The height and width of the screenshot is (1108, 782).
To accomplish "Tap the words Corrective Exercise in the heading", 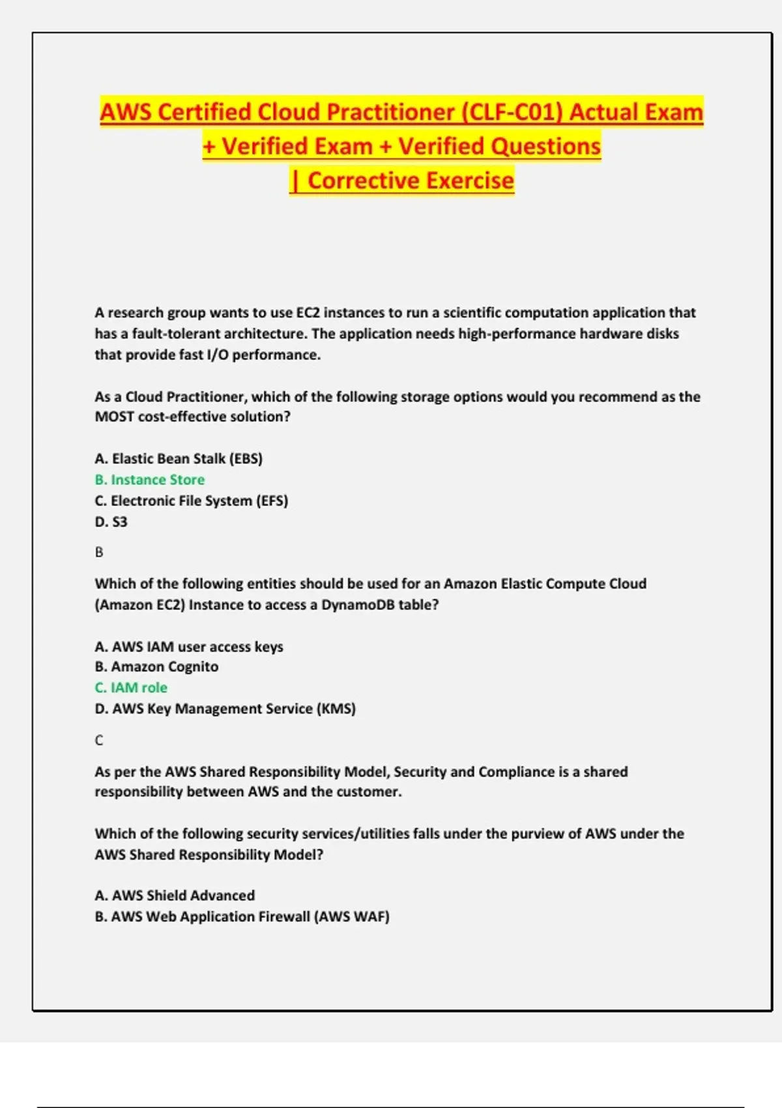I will pyautogui.click(x=411, y=181).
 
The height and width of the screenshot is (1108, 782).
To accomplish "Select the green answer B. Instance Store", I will pyautogui.click(x=150, y=480).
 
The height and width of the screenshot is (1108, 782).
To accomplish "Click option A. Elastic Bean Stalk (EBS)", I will pyautogui.click(x=179, y=459).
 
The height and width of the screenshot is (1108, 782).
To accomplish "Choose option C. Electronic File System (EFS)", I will pyautogui.click(x=192, y=501).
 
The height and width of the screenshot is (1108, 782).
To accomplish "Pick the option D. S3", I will pyautogui.click(x=111, y=521).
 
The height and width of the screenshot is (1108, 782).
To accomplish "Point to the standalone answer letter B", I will pyautogui.click(x=99, y=552).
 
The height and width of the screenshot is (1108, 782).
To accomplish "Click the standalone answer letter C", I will pyautogui.click(x=99, y=740).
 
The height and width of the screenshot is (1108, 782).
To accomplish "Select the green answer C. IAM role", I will pyautogui.click(x=131, y=688).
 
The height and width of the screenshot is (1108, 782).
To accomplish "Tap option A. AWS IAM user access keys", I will pyautogui.click(x=189, y=647).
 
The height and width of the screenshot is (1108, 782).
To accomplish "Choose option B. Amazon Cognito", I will pyautogui.click(x=156, y=667).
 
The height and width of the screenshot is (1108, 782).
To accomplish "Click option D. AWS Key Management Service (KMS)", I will pyautogui.click(x=225, y=708).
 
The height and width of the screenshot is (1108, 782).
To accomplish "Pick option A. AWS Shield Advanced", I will pyautogui.click(x=175, y=896).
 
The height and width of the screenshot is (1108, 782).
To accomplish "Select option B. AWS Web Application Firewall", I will pyautogui.click(x=242, y=916).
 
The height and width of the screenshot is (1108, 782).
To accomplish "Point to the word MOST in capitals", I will pyautogui.click(x=114, y=417).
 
